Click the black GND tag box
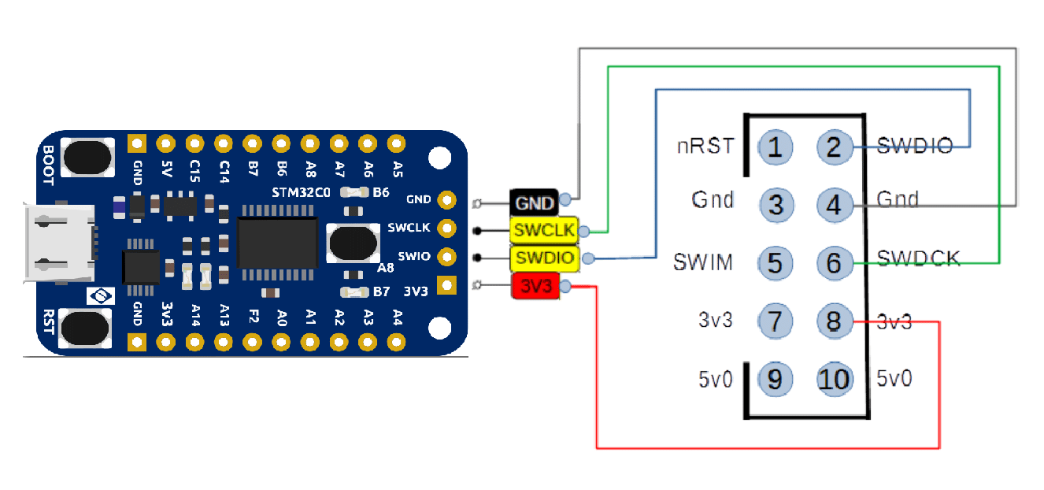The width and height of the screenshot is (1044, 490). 533,202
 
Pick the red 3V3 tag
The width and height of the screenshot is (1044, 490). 535,286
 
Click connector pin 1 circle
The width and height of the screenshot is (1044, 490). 776,147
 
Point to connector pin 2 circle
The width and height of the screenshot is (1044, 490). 835,147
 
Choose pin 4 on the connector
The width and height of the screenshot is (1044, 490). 835,205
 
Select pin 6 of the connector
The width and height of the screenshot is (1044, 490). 835,262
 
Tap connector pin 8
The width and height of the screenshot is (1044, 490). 835,321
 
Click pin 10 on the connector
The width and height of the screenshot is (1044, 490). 835,379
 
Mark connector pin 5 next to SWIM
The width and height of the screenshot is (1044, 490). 776,262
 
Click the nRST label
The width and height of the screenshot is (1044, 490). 705,146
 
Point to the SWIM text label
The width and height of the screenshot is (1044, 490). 703,262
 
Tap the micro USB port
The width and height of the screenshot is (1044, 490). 59,243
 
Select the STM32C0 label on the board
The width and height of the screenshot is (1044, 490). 302,192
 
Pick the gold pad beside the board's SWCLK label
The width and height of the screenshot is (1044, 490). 447,228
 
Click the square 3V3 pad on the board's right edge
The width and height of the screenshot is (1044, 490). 447,285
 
